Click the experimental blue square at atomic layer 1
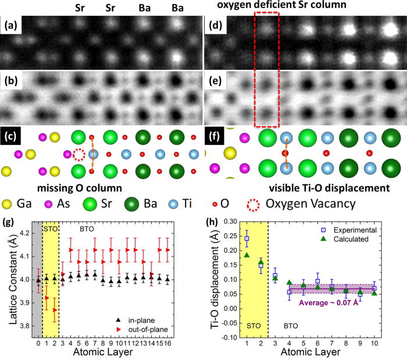tap(247, 238)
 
